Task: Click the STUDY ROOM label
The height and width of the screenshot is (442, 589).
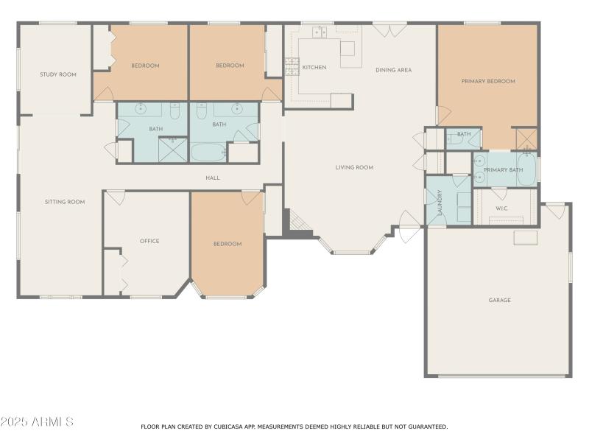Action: [x=58, y=74]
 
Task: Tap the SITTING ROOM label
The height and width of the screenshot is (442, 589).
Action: [x=65, y=202]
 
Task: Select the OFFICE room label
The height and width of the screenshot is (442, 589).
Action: [x=149, y=241]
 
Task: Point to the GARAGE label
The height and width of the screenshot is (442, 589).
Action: [x=499, y=300]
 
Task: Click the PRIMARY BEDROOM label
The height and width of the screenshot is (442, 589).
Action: [x=488, y=81]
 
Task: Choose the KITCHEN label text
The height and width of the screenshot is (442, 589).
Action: [x=314, y=68]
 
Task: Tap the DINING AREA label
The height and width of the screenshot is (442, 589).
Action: [x=393, y=70]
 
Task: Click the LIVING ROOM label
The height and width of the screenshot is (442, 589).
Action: [x=354, y=167]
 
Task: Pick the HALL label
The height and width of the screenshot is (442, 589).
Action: [x=213, y=178]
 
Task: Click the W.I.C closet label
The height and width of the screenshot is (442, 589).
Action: [x=501, y=208]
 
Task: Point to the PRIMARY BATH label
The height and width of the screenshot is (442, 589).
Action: [x=503, y=170]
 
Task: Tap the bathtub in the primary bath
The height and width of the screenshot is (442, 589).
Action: [x=526, y=169]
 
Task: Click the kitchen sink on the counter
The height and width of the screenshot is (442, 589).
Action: [x=319, y=32]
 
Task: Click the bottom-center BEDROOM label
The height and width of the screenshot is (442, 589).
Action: [x=228, y=244]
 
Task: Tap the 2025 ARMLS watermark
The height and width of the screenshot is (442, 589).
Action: [x=37, y=422]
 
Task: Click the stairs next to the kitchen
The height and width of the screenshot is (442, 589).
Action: [x=290, y=68]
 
